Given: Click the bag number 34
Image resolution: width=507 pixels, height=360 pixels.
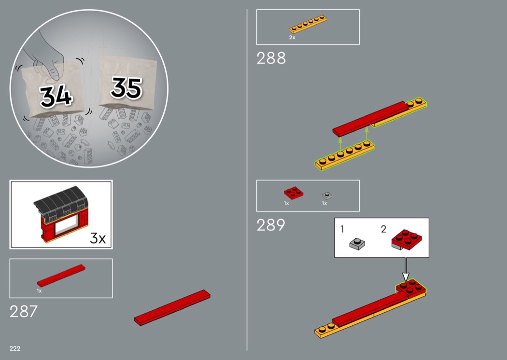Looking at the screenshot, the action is [x=56, y=96].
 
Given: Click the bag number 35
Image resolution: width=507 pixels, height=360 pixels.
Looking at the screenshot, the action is [x=127, y=87].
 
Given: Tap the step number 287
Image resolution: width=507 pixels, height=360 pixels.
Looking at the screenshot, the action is [x=24, y=312].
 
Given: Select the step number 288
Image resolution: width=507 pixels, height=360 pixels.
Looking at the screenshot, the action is [x=271, y=58].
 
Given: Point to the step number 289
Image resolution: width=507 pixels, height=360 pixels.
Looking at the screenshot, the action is [x=271, y=225].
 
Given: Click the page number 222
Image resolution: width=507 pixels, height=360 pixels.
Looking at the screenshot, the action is [x=15, y=348].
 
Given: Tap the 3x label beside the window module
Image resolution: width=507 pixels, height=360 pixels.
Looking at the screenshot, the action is [x=98, y=238].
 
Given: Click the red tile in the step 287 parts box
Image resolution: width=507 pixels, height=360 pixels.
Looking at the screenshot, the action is [x=61, y=276].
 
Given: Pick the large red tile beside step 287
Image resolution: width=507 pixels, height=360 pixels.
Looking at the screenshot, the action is [x=172, y=307].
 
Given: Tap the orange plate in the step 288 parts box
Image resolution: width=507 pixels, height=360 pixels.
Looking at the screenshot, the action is [x=308, y=24].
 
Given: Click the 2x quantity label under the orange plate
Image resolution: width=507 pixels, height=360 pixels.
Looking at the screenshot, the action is [x=292, y=38].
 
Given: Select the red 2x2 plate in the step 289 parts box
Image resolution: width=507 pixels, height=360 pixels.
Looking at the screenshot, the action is [x=294, y=193].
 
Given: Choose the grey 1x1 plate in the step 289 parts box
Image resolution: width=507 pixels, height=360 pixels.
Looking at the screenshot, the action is [x=327, y=195].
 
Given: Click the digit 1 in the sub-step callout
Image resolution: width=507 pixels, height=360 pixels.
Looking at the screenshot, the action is [x=342, y=229].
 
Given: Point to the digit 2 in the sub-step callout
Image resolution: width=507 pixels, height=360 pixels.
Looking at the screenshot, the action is [x=383, y=229].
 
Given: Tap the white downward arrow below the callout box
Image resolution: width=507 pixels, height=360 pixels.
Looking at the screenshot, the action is [x=406, y=269].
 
